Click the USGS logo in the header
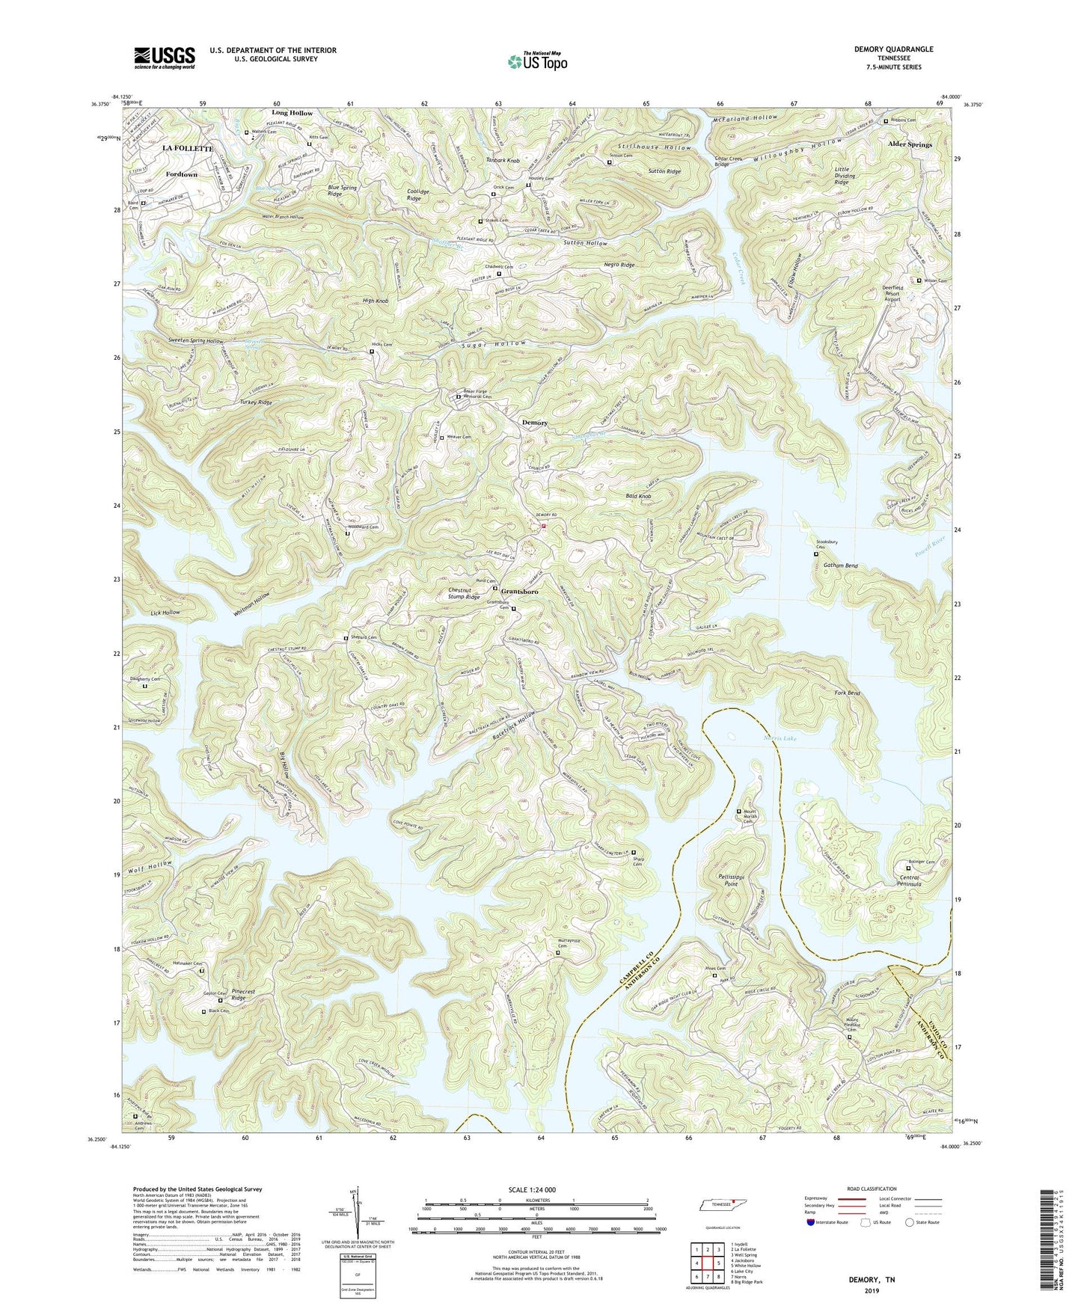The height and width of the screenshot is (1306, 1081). [x=165, y=57]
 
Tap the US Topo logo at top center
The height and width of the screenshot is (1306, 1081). [x=536, y=61]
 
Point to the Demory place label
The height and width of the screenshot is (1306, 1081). [x=534, y=423]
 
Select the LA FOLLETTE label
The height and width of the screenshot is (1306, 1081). [x=189, y=149]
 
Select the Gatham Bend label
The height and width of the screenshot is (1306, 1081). [x=840, y=566]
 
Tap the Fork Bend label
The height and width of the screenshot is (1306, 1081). [x=847, y=693]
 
